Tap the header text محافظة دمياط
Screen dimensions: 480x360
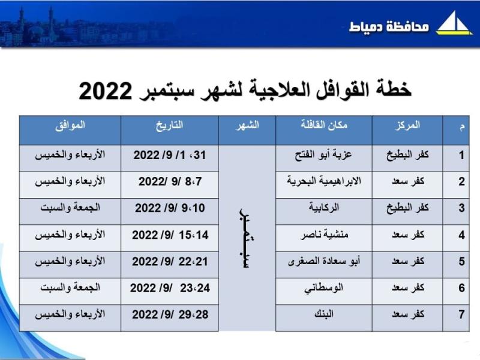(388, 26)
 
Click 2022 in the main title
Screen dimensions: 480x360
(106, 91)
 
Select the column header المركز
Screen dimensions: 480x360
(407, 125)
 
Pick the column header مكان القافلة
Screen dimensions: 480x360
(324, 125)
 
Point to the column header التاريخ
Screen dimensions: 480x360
(170, 125)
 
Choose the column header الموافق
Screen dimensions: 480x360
(70, 125)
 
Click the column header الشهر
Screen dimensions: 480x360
(247, 125)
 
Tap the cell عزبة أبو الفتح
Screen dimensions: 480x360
(323, 155)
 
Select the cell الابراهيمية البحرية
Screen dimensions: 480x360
(324, 181)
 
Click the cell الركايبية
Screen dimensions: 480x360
(324, 208)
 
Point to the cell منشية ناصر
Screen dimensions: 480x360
(324, 235)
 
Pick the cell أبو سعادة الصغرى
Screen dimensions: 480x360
(324, 261)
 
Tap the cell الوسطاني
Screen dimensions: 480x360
(323, 288)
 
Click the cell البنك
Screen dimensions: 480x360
(324, 314)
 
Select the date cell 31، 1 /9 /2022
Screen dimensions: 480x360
(170, 155)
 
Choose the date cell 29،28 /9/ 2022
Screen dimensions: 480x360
(170, 314)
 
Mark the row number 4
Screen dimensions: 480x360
(461, 235)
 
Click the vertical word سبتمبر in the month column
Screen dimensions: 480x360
(246, 238)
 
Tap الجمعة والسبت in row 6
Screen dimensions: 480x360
(70, 288)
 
